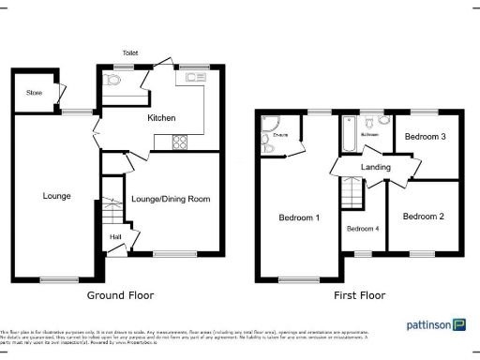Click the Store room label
pyautogui.click(x=35, y=93)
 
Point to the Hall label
pyautogui.click(x=115, y=237)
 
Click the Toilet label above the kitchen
pyautogui.click(x=128, y=53)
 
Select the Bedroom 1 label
pyautogui.click(x=300, y=217)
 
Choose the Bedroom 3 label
pyautogui.click(x=424, y=137)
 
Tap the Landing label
pyautogui.click(x=375, y=168)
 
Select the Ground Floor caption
pyautogui.click(x=120, y=295)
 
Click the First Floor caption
pyautogui.click(x=360, y=295)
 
